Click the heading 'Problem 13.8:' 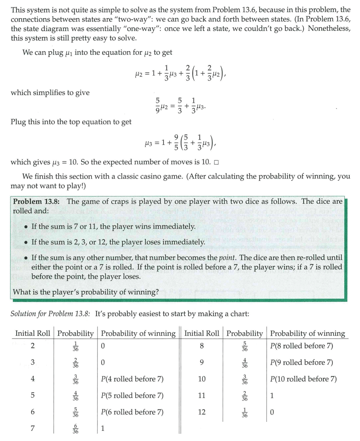36,202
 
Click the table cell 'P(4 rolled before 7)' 132,379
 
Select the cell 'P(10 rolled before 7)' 303,379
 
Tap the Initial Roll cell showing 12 202,412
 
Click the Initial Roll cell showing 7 33,429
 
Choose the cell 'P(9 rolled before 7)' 301,362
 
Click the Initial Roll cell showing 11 202,395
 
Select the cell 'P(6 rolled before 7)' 132,412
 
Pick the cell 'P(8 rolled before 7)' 301,346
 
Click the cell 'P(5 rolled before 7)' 132,395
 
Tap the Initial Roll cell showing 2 33,346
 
